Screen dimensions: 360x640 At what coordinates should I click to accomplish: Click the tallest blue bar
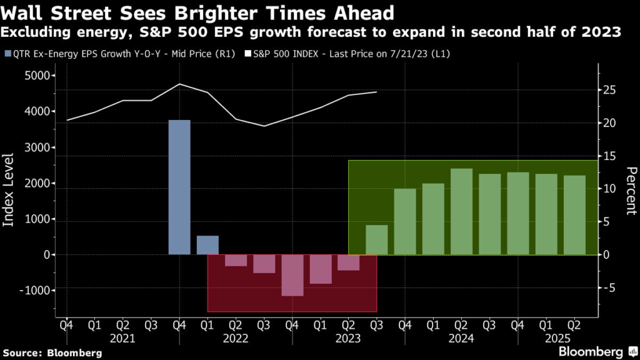pos(179,187)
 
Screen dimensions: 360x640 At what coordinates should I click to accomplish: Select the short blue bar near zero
pos(207,245)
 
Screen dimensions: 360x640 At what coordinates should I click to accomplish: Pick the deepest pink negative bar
pos(292,275)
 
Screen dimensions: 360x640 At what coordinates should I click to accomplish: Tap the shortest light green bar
pos(376,239)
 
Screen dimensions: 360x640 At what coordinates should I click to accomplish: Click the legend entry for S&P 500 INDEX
pos(351,54)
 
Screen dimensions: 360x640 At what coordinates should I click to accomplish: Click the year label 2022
pos(236,338)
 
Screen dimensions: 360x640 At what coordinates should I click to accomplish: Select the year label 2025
pos(560,338)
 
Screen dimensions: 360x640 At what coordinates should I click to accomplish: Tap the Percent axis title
pos(631,191)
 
